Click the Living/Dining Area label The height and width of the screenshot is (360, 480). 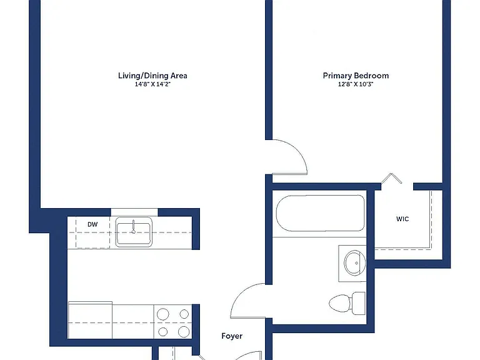(x=152, y=76)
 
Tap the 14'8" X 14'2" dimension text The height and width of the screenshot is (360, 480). (x=152, y=84)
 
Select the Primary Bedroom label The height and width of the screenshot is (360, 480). (x=356, y=76)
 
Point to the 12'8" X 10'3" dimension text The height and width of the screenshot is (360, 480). (x=356, y=84)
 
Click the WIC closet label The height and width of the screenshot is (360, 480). (x=402, y=219)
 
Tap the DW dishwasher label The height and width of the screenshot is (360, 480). (x=92, y=224)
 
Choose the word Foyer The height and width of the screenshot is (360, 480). (x=232, y=336)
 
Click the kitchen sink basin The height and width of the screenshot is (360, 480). (x=134, y=232)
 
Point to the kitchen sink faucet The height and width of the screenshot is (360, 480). (x=134, y=226)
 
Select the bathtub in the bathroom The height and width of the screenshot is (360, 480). (x=321, y=213)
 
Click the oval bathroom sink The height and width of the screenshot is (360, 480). (x=354, y=263)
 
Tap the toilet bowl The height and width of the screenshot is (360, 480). (x=340, y=303)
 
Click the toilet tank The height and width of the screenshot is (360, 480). (x=358, y=303)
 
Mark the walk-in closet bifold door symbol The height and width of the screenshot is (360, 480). (x=391, y=179)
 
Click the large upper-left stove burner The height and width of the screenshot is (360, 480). (x=163, y=314)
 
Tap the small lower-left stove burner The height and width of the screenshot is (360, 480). (x=163, y=331)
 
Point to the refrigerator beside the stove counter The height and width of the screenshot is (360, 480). (x=90, y=320)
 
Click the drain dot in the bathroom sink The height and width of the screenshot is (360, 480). (x=357, y=263)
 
